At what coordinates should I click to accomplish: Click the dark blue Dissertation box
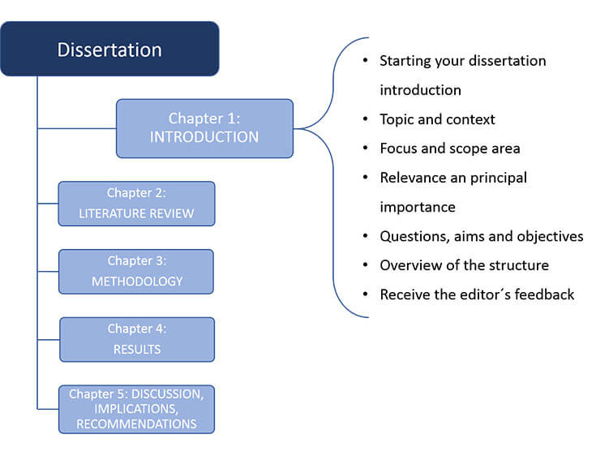tap(109, 49)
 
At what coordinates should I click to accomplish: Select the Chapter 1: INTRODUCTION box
tap(204, 128)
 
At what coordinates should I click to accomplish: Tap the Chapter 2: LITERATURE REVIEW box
tap(136, 204)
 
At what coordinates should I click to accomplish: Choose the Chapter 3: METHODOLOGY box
tap(136, 271)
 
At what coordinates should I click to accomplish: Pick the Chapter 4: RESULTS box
tap(137, 339)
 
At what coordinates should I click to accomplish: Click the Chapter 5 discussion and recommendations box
tap(136, 409)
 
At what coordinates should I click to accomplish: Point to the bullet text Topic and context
tap(437, 119)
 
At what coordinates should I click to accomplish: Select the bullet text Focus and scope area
tap(450, 148)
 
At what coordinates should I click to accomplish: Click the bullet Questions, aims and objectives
tap(481, 236)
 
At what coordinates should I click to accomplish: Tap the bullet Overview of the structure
tap(464, 265)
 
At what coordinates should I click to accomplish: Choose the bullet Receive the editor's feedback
tap(477, 295)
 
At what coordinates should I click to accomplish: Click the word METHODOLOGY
tap(136, 282)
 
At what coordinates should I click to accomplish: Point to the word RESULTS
tap(137, 350)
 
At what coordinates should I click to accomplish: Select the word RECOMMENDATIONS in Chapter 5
tap(136, 424)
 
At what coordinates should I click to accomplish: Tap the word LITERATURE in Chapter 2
tap(113, 214)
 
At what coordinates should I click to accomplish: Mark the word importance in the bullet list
tap(417, 207)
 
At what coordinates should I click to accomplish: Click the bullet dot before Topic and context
tap(367, 119)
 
